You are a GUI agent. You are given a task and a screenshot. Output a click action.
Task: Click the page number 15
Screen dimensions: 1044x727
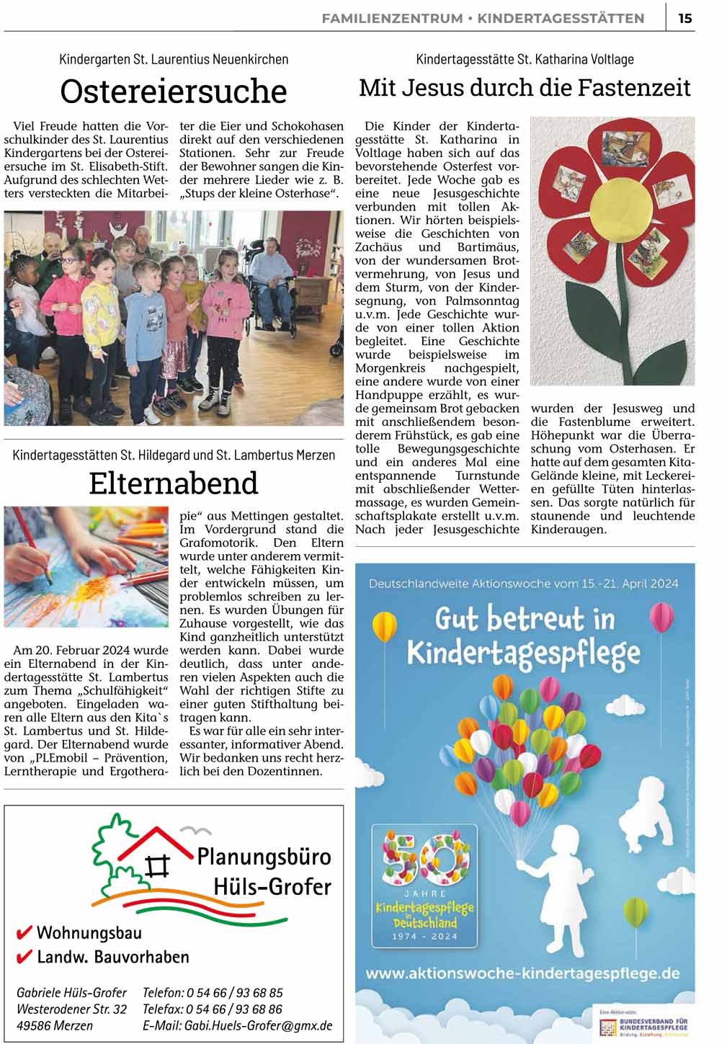coord(684,18)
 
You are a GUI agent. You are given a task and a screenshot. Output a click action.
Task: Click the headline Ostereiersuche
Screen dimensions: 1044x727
coord(174,92)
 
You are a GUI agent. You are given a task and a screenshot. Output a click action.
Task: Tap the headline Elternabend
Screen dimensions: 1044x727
coord(174,483)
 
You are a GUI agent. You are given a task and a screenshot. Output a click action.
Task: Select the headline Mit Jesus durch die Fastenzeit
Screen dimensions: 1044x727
coord(525,88)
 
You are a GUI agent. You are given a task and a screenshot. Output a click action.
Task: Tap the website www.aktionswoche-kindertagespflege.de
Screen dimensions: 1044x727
coord(524,973)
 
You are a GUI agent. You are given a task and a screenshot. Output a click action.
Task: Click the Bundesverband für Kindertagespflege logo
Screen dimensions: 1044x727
coord(643,1024)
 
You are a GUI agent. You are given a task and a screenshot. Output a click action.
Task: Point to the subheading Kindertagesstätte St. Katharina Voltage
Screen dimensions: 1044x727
coord(525,59)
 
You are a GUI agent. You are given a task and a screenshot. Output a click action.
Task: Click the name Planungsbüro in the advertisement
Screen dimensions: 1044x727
coord(264,857)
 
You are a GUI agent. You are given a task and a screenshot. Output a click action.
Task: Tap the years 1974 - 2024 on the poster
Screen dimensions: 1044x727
coord(425,936)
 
